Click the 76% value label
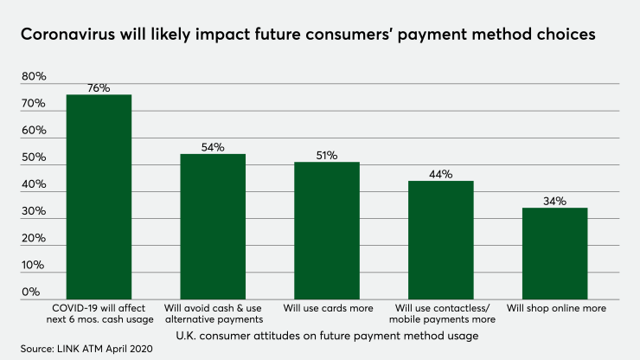[99, 88]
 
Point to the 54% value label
[213, 147]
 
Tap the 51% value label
[326, 156]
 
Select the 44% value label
[440, 175]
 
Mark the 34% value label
[554, 202]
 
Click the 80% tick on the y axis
[34, 77]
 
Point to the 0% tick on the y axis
[30, 292]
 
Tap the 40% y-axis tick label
[34, 184]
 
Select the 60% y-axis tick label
[34, 131]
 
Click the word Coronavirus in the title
[73, 36]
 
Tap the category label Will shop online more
[555, 308]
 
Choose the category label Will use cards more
[326, 308]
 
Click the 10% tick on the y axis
[34, 266]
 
